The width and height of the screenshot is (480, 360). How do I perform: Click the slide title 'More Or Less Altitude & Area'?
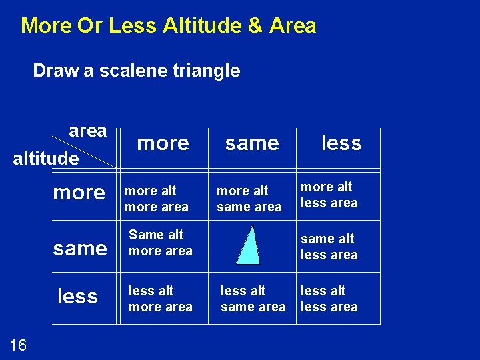(169, 26)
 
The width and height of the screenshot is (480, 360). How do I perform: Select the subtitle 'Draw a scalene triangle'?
(137, 71)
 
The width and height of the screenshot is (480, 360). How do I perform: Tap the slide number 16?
(19, 345)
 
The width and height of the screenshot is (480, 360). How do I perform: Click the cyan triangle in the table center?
(249, 246)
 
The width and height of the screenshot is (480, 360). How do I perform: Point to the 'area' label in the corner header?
(87, 131)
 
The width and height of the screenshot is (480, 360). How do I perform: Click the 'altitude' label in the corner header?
(46, 159)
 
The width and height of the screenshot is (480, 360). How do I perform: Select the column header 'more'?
(163, 143)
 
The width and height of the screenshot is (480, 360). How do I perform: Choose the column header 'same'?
(252, 143)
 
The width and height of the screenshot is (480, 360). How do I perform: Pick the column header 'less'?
(341, 143)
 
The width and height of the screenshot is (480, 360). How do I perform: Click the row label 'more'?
(79, 193)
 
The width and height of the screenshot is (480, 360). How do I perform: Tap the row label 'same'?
(80, 249)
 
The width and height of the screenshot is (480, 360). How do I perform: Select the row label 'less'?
(78, 296)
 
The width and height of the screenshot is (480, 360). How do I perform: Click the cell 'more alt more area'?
(157, 199)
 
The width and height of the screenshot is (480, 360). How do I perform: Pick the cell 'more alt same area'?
(249, 199)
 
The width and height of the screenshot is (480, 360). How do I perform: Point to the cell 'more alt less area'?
(329, 195)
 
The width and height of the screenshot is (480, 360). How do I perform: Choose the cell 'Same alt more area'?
(161, 243)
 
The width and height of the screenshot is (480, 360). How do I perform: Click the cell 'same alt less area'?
(329, 247)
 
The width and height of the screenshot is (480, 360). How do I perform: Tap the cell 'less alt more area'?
(161, 299)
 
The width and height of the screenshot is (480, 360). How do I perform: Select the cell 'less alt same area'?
(253, 299)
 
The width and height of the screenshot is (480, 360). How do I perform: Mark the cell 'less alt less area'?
(329, 299)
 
